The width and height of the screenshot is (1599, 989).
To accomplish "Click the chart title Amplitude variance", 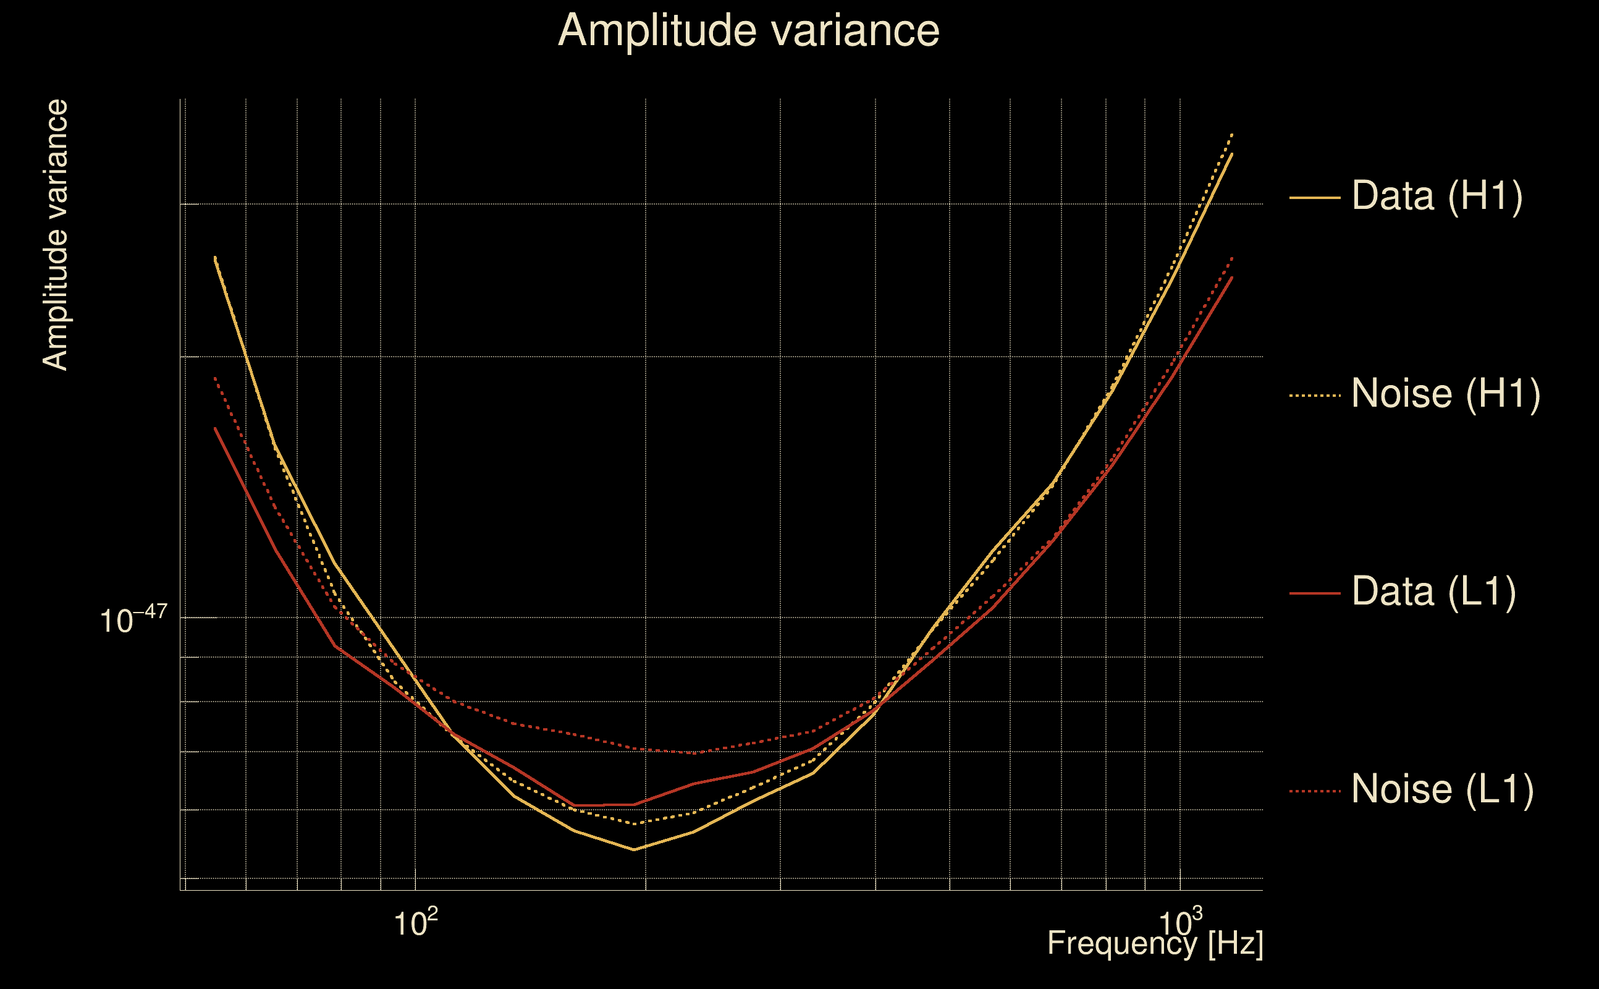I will coord(748,30).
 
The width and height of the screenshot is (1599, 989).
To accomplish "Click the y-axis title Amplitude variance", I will coord(55,236).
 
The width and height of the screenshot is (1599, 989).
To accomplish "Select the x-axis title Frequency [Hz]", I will coord(1155,943).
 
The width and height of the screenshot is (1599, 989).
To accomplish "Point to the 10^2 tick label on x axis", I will coord(415,923).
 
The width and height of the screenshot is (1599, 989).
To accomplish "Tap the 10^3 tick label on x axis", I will coord(1180,923).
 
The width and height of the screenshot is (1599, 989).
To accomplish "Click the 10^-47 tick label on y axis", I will coord(133,619).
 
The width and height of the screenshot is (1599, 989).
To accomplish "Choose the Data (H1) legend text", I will coord(1437,195).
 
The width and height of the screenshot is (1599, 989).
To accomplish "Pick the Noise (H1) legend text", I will coord(1445,394).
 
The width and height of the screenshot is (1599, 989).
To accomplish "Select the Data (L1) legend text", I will coord(1433,592).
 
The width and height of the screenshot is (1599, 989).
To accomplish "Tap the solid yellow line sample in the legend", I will coord(1315,197).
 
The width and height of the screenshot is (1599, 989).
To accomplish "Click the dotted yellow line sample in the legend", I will coord(1315,396).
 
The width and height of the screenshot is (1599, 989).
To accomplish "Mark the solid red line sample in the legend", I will coord(1315,593).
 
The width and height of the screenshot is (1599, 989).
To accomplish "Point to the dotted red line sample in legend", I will coord(1315,791).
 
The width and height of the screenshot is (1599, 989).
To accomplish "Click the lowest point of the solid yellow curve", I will coord(633,850).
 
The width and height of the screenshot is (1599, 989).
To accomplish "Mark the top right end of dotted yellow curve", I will coord(1231,135).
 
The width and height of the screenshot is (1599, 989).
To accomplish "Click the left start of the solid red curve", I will coord(215,428).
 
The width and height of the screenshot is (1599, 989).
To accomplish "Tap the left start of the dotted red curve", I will coord(215,378).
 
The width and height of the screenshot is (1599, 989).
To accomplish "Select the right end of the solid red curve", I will coord(1231,278).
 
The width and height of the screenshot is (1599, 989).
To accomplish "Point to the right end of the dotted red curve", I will coord(1231,258).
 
